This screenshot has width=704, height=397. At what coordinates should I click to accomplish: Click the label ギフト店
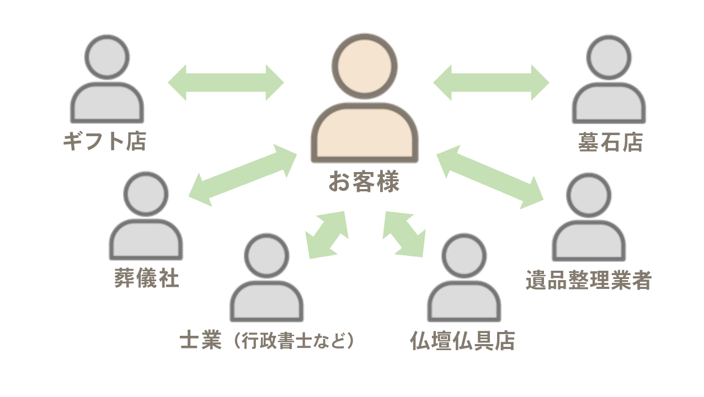click(104, 142)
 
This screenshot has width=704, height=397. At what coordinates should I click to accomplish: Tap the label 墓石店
click(610, 143)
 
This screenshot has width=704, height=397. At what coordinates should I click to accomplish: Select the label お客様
click(364, 182)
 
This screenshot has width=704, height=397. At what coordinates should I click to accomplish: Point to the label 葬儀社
click(147, 278)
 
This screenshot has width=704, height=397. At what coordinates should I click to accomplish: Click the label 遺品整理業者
click(589, 280)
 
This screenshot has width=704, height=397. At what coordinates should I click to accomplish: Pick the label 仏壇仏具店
click(462, 341)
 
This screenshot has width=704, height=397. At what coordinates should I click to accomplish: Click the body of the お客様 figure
click(364, 132)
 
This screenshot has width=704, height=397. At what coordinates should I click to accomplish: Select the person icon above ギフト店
click(107, 83)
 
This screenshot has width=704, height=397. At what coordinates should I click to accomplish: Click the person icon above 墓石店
click(609, 83)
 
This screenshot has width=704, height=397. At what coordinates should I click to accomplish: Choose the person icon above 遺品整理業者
click(589, 221)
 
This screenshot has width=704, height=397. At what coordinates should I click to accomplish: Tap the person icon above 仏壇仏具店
click(464, 281)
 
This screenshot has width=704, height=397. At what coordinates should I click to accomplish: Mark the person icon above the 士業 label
click(266, 281)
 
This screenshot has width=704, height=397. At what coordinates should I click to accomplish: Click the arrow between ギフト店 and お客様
click(226, 83)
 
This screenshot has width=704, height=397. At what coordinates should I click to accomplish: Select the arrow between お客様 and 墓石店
click(491, 83)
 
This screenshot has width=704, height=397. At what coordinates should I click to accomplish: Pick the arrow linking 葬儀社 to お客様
click(243, 175)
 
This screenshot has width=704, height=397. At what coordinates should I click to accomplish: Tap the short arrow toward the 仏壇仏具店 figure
click(404, 234)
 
